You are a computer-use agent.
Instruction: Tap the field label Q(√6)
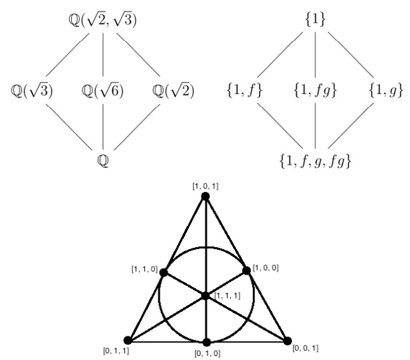[x=103, y=90]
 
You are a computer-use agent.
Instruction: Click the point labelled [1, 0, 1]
[x=206, y=196]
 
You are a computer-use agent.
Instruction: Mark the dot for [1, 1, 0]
[x=164, y=271]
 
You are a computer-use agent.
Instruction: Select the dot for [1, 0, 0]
[x=247, y=270]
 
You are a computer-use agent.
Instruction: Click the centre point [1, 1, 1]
[x=206, y=296]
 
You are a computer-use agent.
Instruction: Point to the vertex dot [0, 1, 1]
[x=127, y=341]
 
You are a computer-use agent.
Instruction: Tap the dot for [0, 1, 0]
[x=207, y=342]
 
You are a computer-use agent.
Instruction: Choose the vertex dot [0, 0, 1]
[x=289, y=341]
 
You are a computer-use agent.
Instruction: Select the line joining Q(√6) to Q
[x=103, y=128]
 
